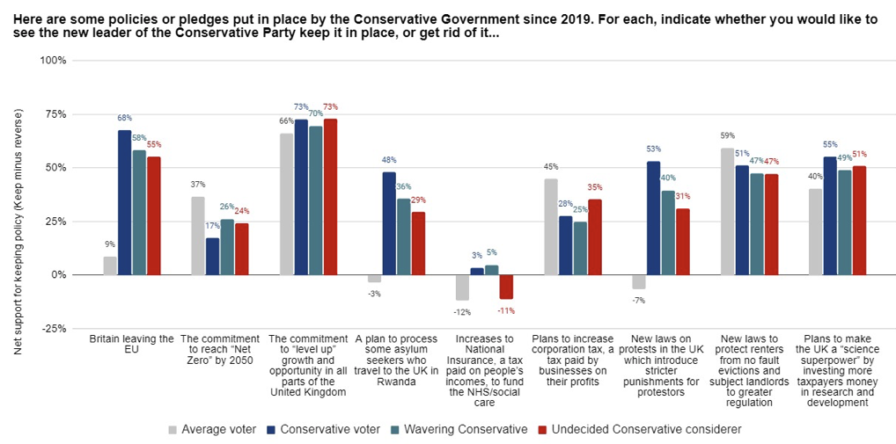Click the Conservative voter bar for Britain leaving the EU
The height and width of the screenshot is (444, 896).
click(x=125, y=202)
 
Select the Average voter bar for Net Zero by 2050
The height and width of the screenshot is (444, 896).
click(x=198, y=236)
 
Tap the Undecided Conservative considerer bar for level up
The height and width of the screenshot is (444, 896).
click(x=330, y=196)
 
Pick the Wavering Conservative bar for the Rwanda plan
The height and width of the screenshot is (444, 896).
click(x=403, y=237)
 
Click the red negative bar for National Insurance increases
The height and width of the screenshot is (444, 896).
click(x=506, y=287)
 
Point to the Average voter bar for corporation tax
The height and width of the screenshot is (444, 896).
click(x=550, y=227)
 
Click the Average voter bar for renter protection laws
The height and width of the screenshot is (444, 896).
click(x=726, y=211)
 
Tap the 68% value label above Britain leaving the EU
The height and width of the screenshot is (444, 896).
click(x=125, y=119)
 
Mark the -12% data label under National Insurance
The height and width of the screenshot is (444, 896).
click(x=462, y=312)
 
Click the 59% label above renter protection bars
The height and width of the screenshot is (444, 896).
click(x=726, y=136)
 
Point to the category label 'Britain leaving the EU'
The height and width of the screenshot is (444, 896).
click(x=132, y=344)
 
